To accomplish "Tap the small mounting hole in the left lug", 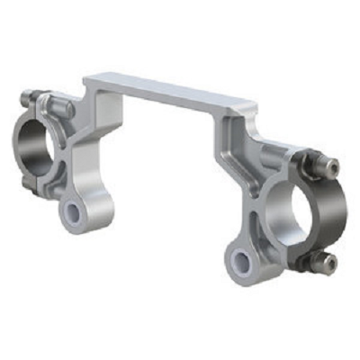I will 71,212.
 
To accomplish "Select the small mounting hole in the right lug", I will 239,260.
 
